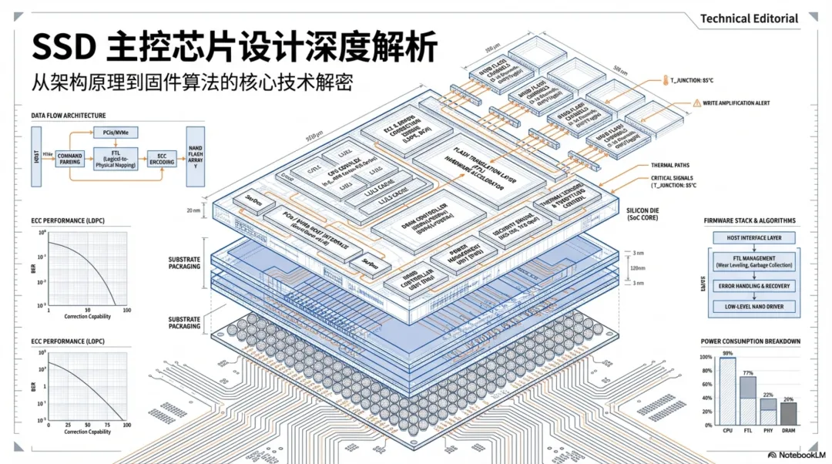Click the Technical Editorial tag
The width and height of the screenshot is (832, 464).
tap(749, 18)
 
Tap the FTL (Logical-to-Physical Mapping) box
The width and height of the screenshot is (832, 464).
tap(115, 160)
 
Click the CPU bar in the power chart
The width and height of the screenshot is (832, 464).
tap(727, 392)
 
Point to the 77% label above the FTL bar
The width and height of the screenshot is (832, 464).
tap(747, 373)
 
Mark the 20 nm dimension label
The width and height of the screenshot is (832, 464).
tap(193, 210)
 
